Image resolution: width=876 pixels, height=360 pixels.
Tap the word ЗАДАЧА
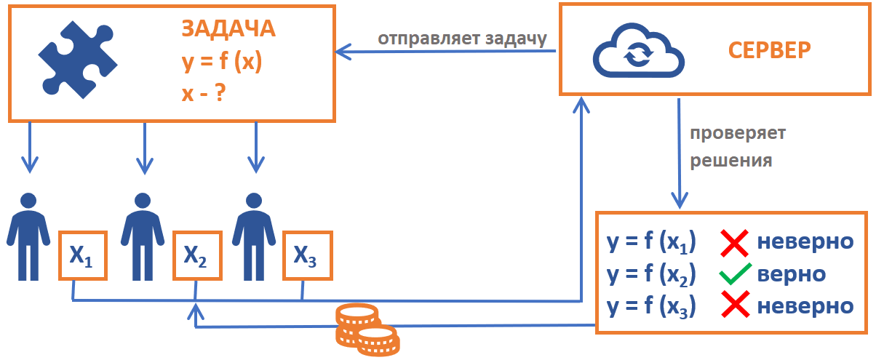(228, 28)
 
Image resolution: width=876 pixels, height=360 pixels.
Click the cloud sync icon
(637, 52)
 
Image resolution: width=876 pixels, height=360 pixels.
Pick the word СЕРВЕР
(770, 51)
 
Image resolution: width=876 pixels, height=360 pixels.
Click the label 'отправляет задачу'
(461, 38)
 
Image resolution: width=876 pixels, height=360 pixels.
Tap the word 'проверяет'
(738, 135)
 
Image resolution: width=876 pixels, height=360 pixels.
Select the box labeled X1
(82, 255)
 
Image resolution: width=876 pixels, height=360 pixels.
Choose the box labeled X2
(196, 255)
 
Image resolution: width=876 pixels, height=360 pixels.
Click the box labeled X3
(306, 255)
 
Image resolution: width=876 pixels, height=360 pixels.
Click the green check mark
(735, 275)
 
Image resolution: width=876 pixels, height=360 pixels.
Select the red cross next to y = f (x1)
(735, 243)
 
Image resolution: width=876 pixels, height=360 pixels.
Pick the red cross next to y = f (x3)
(735, 306)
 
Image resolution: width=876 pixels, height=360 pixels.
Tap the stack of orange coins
(366, 328)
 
